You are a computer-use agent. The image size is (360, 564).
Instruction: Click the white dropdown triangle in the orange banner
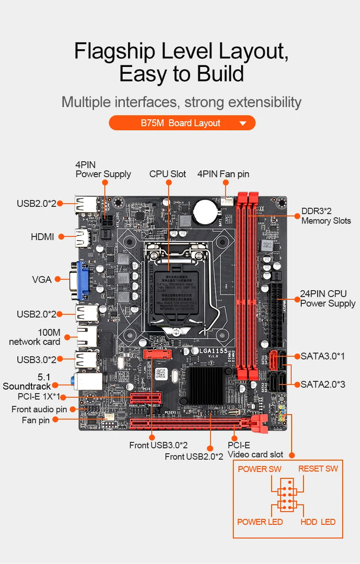(x=242, y=123)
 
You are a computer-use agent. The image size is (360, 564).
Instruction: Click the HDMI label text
(x=42, y=237)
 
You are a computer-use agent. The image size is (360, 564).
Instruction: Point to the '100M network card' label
(x=35, y=337)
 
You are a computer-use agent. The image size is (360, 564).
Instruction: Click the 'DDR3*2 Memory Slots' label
(x=326, y=216)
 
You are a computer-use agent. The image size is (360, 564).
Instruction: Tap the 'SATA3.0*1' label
(x=323, y=356)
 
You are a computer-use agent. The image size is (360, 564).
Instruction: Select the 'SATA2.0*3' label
(x=323, y=385)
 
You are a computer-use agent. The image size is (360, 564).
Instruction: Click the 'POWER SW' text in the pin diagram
(x=259, y=469)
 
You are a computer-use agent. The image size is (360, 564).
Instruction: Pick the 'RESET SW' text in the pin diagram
(x=318, y=469)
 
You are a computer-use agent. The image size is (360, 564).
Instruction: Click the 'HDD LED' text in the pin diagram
(x=318, y=522)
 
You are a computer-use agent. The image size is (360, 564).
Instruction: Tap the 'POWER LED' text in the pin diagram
(x=260, y=522)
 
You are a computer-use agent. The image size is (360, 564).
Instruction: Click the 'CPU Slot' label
(x=168, y=174)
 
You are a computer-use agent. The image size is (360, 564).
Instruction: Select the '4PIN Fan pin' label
(x=223, y=174)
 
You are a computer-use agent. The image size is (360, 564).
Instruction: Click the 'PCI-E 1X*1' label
(x=39, y=397)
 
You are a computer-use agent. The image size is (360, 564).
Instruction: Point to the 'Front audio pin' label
(x=39, y=409)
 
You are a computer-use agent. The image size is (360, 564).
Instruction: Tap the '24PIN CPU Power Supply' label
(x=328, y=298)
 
